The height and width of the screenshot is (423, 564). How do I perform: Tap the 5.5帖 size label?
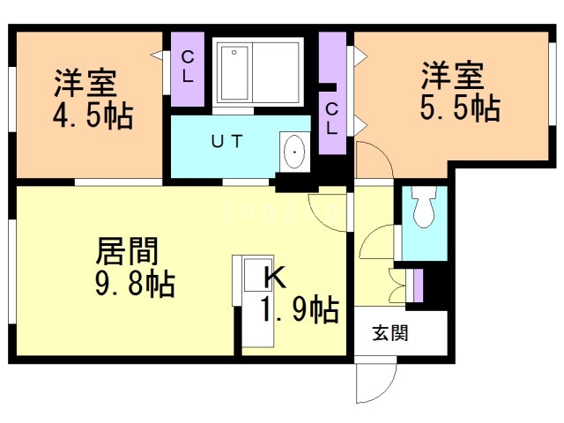coord(461,108)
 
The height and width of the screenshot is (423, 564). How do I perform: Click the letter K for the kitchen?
coord(275,278)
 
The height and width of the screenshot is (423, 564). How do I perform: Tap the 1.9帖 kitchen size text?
coord(300,310)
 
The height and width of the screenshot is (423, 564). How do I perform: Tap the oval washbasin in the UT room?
coord(293,152)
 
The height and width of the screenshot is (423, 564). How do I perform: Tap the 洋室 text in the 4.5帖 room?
coord(85,85)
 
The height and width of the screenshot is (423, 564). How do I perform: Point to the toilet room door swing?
coord(377,242)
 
